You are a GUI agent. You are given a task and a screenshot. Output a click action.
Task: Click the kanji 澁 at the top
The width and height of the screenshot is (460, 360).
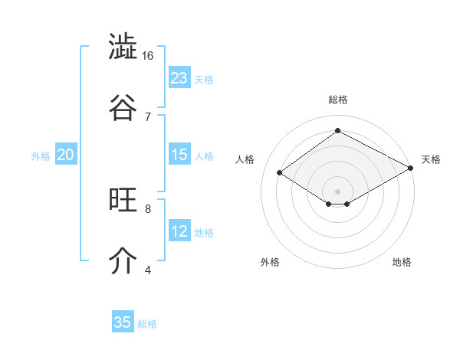click(x=123, y=47)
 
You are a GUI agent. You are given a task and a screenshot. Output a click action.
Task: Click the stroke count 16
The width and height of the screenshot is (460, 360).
click(x=148, y=56)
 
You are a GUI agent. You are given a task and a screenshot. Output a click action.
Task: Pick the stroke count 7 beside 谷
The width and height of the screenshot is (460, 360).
click(x=148, y=116)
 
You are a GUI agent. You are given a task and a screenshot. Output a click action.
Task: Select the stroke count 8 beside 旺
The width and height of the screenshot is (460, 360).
click(x=148, y=208)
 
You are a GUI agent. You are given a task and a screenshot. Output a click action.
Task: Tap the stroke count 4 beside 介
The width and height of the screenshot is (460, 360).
click(x=148, y=269)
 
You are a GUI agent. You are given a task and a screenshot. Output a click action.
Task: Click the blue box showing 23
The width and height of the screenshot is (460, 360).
click(x=179, y=78)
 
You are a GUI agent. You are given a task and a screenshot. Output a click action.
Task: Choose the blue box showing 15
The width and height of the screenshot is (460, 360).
click(x=179, y=155)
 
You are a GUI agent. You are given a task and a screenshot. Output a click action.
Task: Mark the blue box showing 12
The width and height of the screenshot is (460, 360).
click(x=179, y=231)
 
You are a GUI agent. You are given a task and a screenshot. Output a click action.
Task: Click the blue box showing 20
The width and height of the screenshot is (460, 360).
click(x=66, y=155)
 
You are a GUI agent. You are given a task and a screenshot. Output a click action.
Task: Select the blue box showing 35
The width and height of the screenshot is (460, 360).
click(x=123, y=322)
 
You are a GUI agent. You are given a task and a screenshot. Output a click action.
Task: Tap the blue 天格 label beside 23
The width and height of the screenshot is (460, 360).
click(x=204, y=80)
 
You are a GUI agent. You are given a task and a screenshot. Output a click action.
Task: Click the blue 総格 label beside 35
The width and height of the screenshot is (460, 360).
click(x=147, y=324)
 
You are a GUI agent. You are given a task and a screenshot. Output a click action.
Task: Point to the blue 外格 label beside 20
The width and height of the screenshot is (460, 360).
click(x=41, y=156)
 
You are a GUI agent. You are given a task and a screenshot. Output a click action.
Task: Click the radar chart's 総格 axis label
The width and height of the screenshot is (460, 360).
click(x=337, y=100)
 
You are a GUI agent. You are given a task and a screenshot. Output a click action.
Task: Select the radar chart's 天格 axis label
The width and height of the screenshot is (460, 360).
click(x=431, y=159)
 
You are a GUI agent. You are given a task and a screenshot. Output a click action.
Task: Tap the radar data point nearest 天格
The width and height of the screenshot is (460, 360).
click(x=411, y=169)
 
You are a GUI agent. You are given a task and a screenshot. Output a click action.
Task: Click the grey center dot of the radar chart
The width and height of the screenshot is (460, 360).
click(x=337, y=191)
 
